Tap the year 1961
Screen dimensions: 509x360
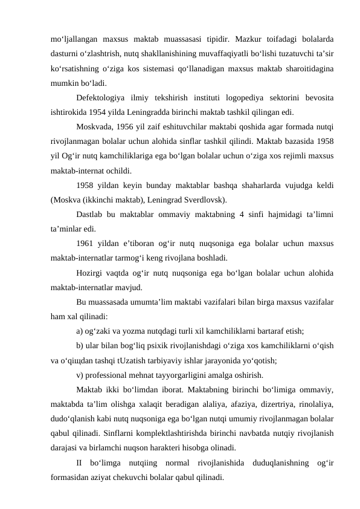click(x=87, y=243)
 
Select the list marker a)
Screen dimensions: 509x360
click(x=80, y=331)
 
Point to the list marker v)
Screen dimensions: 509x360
click(x=80, y=374)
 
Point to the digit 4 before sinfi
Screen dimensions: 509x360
click(x=241, y=214)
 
